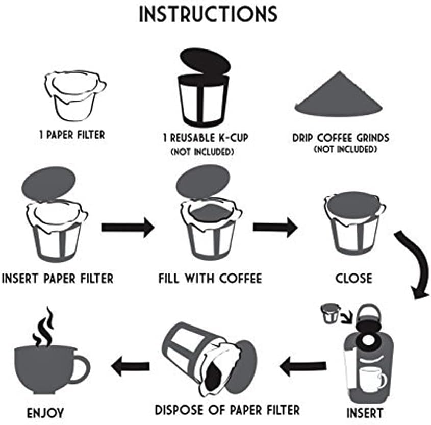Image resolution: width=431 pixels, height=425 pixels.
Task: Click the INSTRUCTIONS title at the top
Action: pyautogui.click(x=209, y=14)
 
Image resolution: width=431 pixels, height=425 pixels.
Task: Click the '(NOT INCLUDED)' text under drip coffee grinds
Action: pyautogui.click(x=345, y=149)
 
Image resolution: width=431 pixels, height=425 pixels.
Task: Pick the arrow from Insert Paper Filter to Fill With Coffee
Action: pyautogui.click(x=128, y=227)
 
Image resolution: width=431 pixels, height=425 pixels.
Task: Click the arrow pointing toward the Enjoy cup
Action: pyautogui.click(x=131, y=365)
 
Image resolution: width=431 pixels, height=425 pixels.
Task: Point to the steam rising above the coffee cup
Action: pyautogui.click(x=43, y=327)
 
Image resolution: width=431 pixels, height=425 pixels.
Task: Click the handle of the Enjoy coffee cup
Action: pyautogui.click(x=81, y=368)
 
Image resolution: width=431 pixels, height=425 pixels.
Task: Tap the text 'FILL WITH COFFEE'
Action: pyautogui.click(x=210, y=279)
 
